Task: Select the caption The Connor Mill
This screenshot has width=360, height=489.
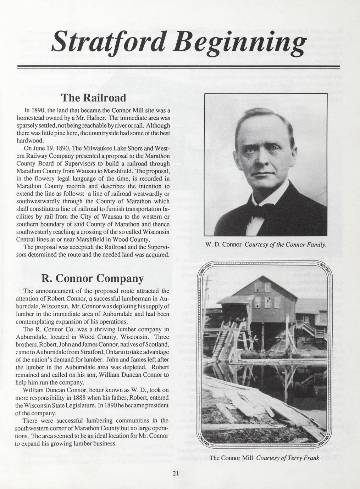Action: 231,458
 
